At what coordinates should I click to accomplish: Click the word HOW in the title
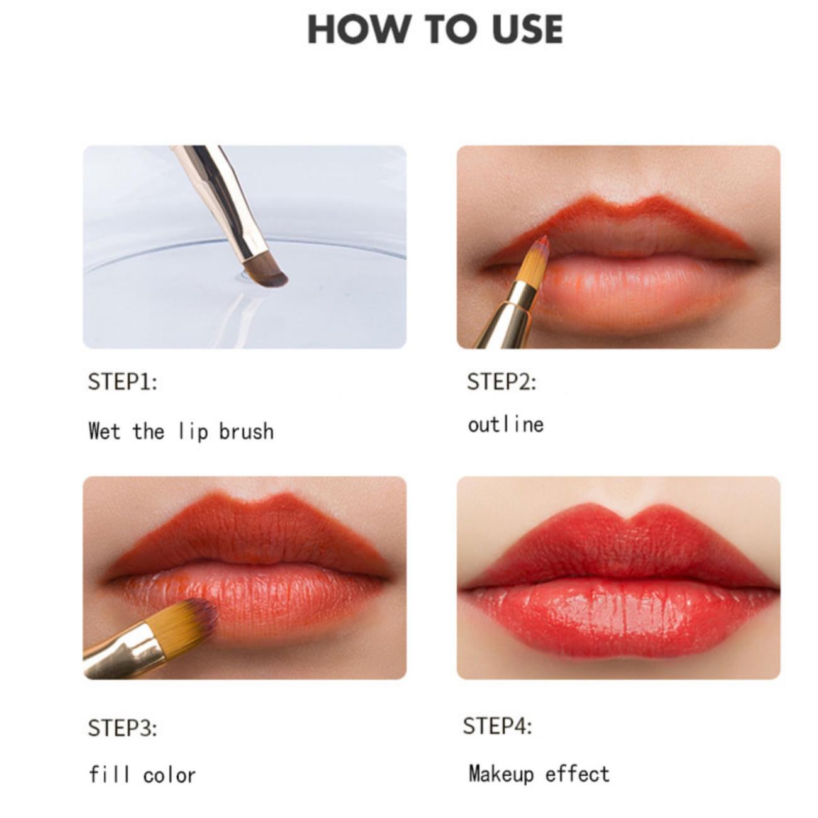357,29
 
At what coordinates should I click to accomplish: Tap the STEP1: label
123,381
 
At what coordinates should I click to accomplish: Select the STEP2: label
501,381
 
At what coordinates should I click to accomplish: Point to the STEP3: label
123,729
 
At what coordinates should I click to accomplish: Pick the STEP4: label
498,726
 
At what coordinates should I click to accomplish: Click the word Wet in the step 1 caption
104,431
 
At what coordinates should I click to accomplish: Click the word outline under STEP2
505,425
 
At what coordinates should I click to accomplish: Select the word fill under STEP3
109,775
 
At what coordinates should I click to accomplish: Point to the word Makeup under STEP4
501,775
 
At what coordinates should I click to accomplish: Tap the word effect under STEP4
577,773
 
